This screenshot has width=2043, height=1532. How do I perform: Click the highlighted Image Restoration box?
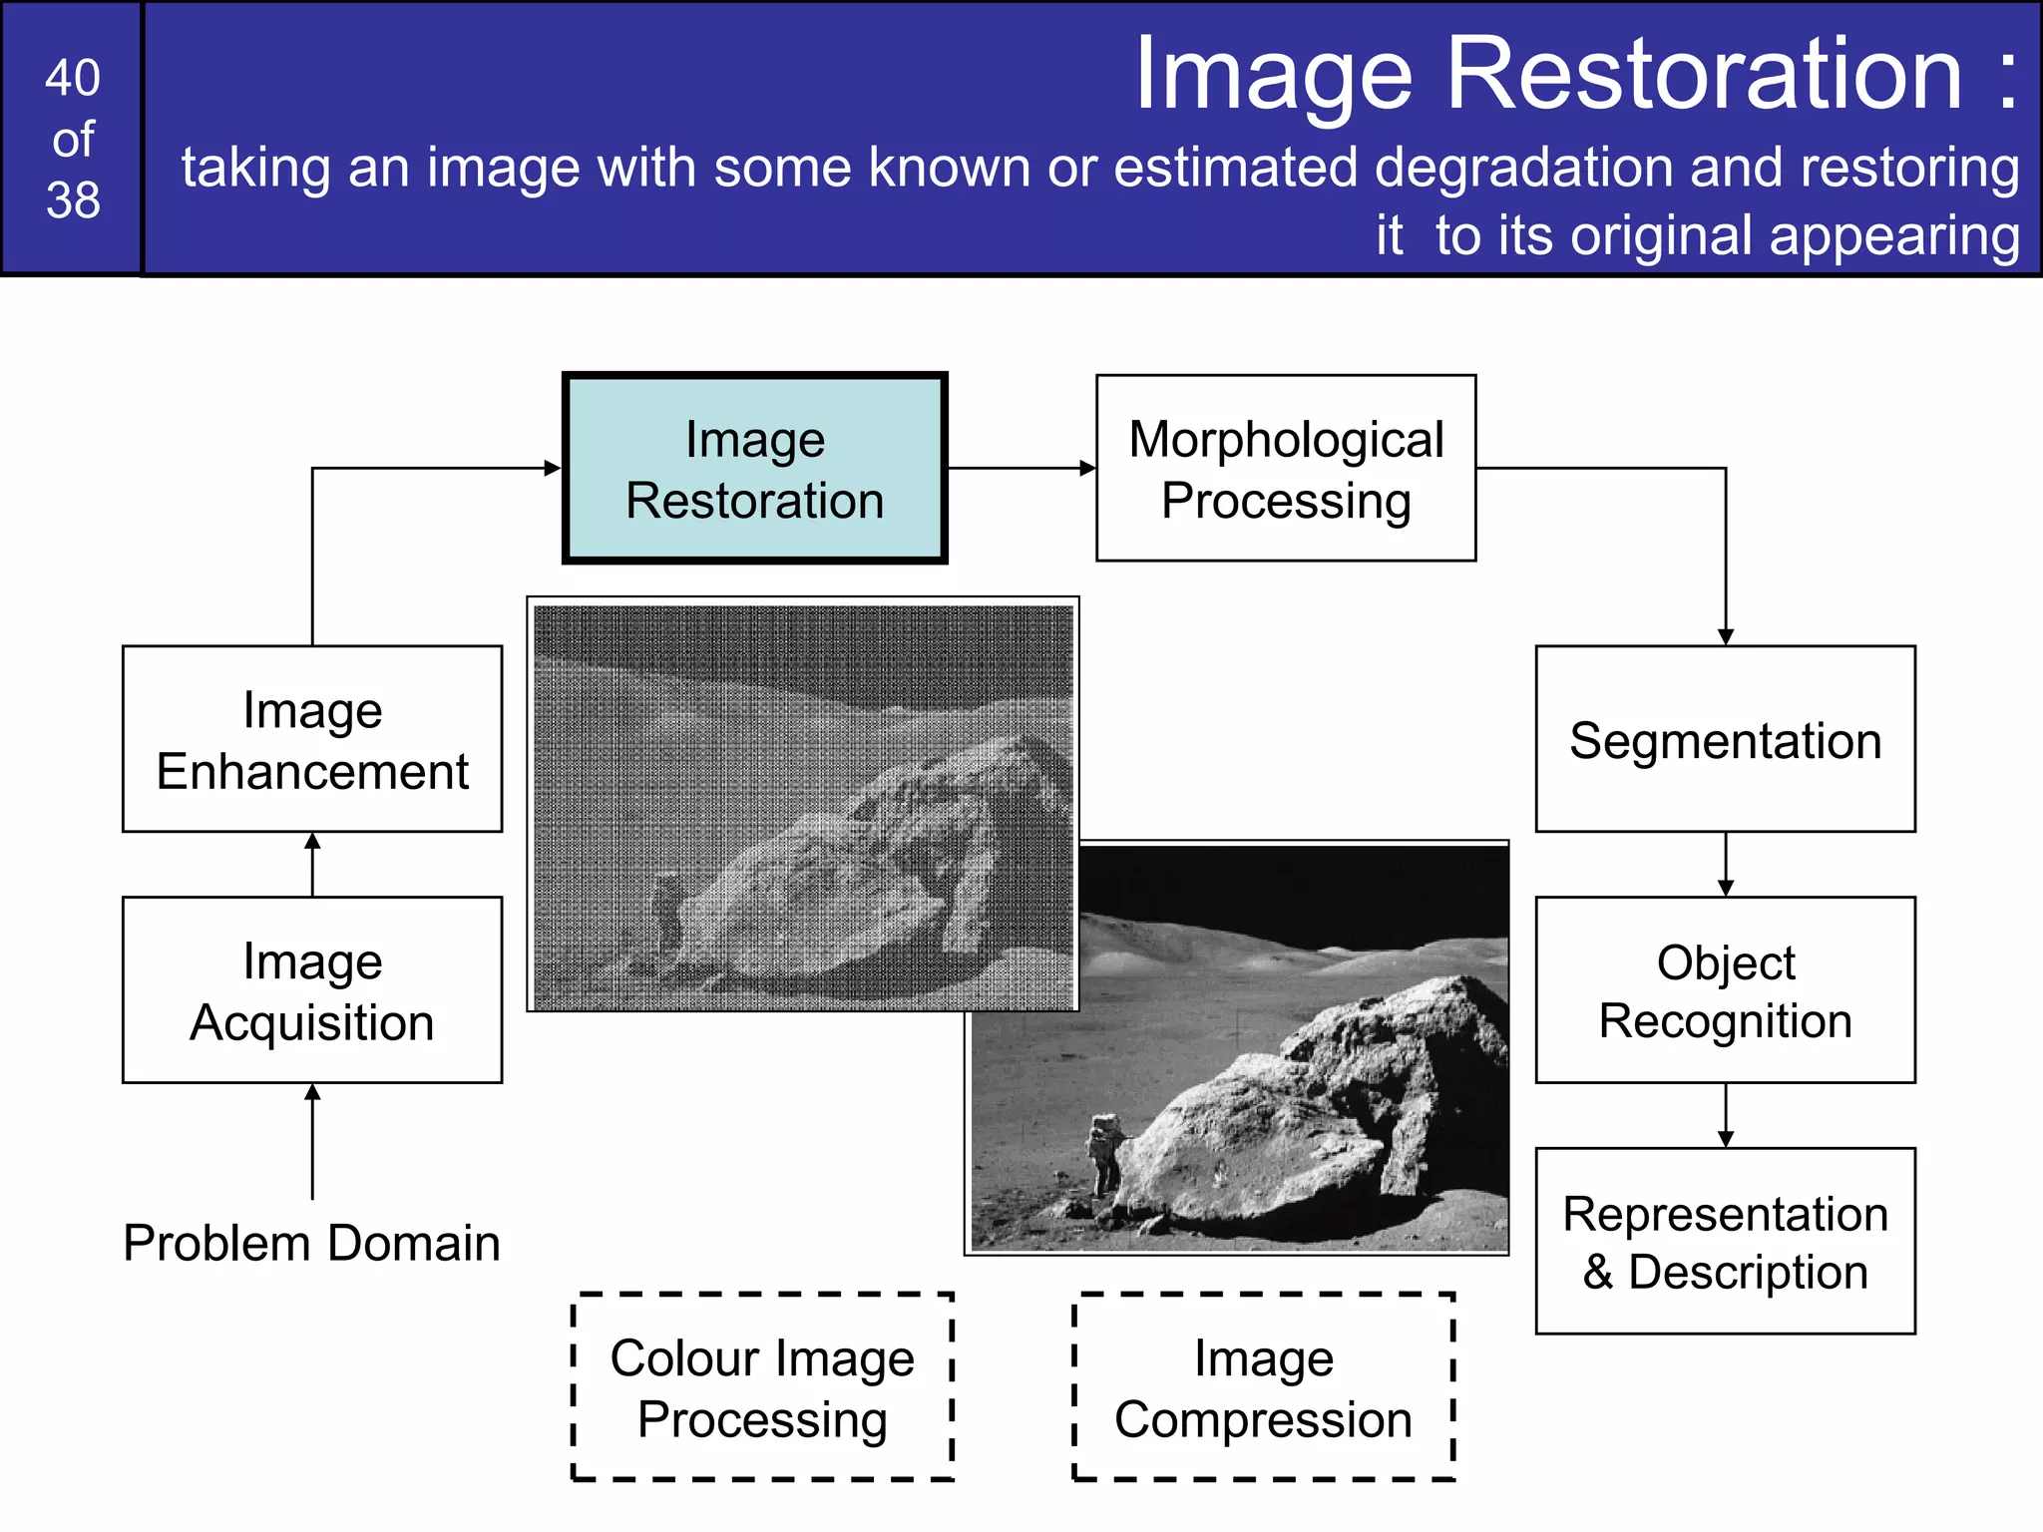pos(754,469)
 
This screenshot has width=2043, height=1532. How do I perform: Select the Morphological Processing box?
pos(1286,469)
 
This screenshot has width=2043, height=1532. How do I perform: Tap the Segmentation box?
pos(1725,739)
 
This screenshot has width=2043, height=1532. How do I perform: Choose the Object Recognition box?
pos(1725,990)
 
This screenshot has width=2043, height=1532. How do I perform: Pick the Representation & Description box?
pos(1725,1242)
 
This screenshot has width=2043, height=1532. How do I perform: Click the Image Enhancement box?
pos(312,739)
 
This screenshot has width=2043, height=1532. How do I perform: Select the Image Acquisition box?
pos(312,990)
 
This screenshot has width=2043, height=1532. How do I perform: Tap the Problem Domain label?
pos(311,1244)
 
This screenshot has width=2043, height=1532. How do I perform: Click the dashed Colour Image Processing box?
pos(763,1387)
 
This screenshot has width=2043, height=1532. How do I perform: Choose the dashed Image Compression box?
pos(1263,1387)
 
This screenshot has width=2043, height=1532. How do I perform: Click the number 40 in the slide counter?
pos(73,78)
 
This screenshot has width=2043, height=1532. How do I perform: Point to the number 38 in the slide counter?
pos(73,200)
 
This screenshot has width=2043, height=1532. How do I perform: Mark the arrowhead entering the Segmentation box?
pos(1726,637)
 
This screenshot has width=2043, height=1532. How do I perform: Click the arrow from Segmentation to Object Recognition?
pos(1726,864)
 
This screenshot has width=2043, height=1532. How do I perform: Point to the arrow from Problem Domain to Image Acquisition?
pos(312,1142)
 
